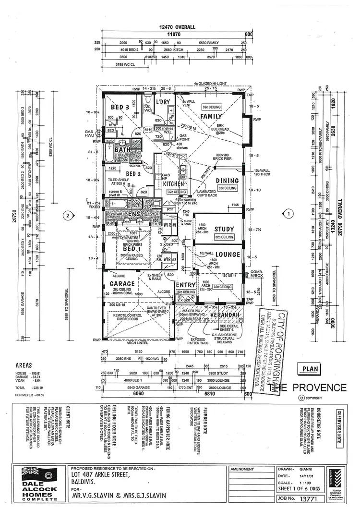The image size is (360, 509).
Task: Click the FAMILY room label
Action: (211, 116)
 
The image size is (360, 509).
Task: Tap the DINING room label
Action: (227, 181)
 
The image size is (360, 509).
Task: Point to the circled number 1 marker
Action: (288, 213)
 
